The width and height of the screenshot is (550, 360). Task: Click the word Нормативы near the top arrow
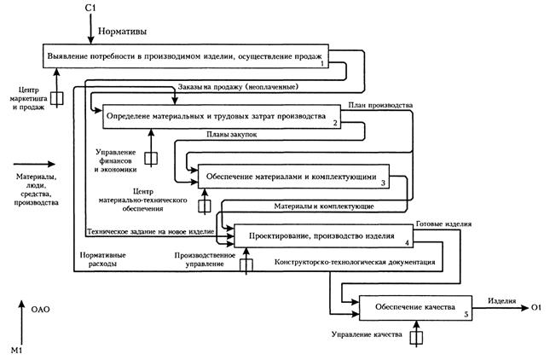123,32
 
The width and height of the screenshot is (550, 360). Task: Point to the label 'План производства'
380,106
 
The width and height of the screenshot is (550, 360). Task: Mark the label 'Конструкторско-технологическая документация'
356,264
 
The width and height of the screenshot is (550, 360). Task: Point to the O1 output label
536,306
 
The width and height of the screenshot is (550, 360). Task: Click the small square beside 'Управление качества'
416,338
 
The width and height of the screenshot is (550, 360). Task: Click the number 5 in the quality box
466,315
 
